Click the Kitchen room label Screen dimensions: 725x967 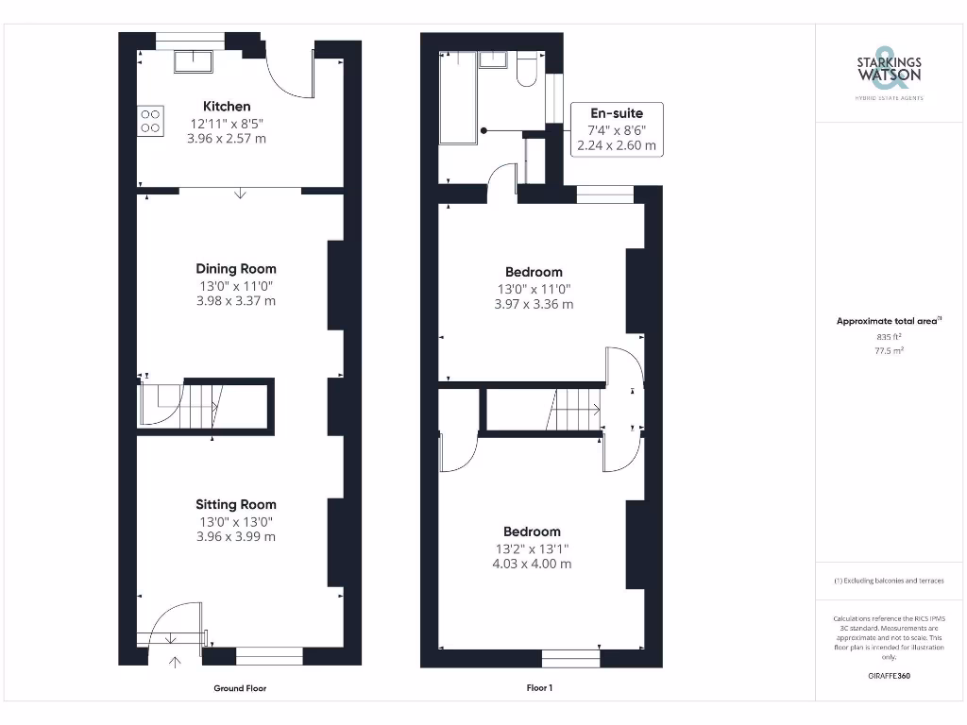pyautogui.click(x=227, y=106)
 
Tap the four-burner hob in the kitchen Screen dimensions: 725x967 pyautogui.click(x=150, y=121)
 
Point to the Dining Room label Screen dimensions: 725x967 pyautogui.click(x=236, y=269)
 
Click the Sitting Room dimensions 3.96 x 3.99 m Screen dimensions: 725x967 pyautogui.click(x=236, y=536)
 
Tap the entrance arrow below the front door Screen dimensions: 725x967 pyautogui.click(x=174, y=662)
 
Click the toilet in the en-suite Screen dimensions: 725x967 pyautogui.click(x=527, y=71)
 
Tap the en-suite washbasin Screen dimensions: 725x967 pyautogui.click(x=493, y=59)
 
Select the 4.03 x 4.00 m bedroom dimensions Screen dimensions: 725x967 pyautogui.click(x=532, y=564)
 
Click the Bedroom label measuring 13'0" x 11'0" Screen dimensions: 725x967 pyautogui.click(x=533, y=272)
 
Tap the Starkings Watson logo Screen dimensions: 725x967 pyautogui.click(x=888, y=69)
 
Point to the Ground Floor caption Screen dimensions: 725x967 pyautogui.click(x=240, y=688)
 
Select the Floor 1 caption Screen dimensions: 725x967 pyautogui.click(x=539, y=688)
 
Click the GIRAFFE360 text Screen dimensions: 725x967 pyautogui.click(x=888, y=675)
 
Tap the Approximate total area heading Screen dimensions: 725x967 pyautogui.click(x=888, y=321)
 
